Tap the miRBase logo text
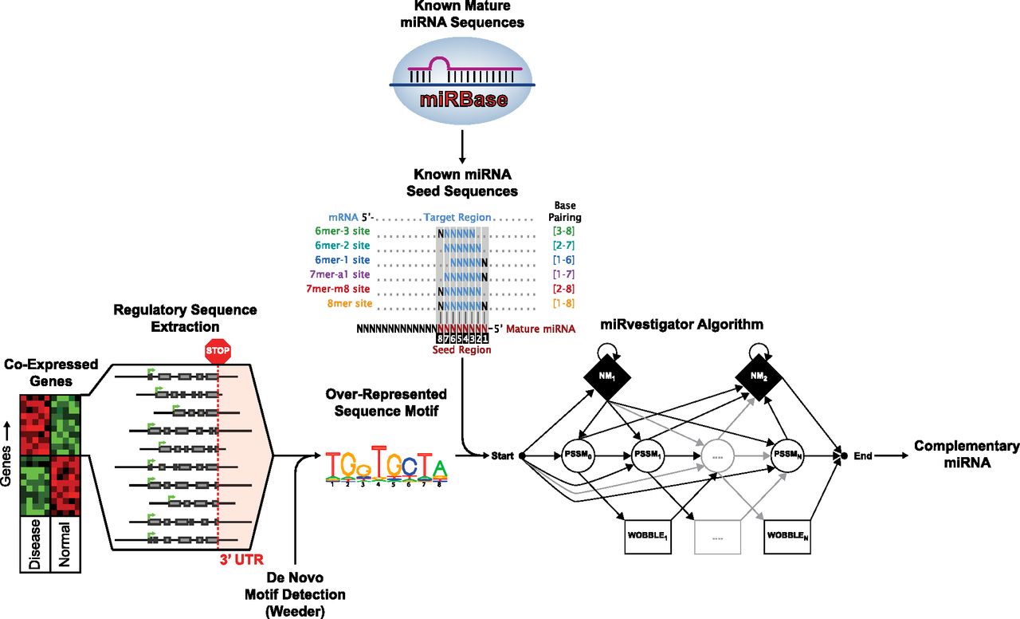462,98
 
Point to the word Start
502,456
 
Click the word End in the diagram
863,456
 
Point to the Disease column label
35,544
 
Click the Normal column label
65,544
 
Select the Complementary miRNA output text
966,455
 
